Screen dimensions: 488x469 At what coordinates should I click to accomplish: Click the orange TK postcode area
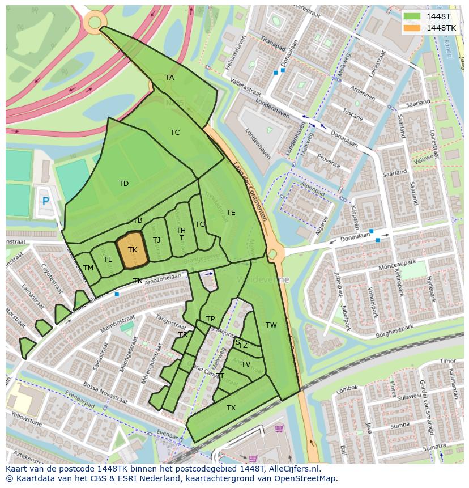click(x=132, y=249)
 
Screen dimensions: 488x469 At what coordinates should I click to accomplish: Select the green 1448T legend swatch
click(x=413, y=16)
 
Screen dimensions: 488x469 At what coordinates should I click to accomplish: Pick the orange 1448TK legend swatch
click(x=413, y=27)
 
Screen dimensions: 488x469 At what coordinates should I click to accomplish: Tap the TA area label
click(x=169, y=78)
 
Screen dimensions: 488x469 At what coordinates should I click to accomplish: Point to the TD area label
click(x=123, y=183)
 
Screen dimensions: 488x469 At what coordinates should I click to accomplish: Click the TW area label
click(x=271, y=325)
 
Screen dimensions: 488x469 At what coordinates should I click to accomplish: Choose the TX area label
click(x=231, y=408)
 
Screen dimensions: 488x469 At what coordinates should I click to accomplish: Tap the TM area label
click(x=88, y=268)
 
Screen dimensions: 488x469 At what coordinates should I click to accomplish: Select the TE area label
click(x=231, y=213)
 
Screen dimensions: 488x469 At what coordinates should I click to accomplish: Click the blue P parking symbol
click(x=46, y=201)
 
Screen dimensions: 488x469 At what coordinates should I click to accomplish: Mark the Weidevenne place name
click(x=264, y=280)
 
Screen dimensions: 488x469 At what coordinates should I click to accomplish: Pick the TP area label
click(x=210, y=319)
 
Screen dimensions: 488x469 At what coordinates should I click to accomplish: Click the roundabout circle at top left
click(x=94, y=22)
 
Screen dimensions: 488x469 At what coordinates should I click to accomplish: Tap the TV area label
click(x=246, y=364)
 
